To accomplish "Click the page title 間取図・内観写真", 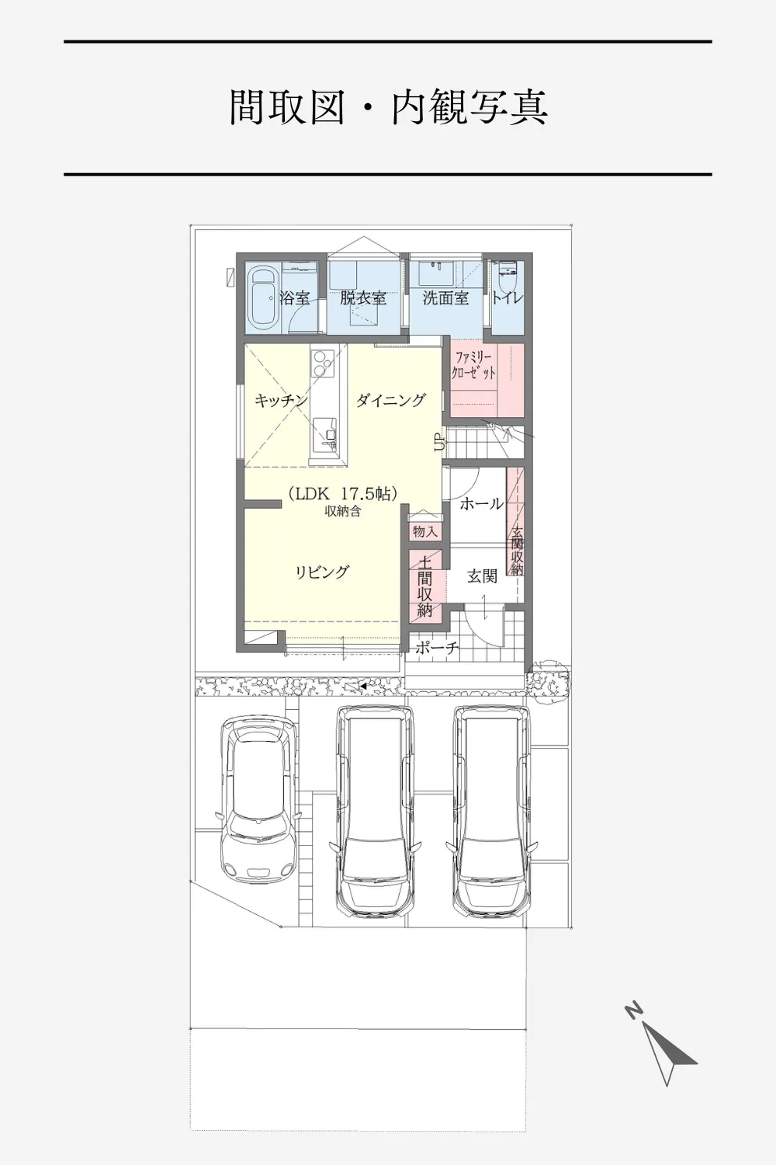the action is click(388, 108).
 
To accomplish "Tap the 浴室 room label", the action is click(294, 298).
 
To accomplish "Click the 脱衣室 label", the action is click(363, 298).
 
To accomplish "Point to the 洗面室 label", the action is click(445, 298).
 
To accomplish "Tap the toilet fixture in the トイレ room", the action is click(504, 281).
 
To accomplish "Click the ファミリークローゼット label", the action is click(475, 365).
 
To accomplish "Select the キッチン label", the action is click(281, 401).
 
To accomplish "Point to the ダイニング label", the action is click(391, 400).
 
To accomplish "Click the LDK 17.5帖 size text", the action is click(343, 493).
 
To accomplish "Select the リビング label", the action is click(322, 572).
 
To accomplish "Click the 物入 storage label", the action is click(424, 531).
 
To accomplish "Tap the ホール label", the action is click(481, 503).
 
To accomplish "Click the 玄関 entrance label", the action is click(483, 576).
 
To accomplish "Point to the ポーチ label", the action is click(437, 648).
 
